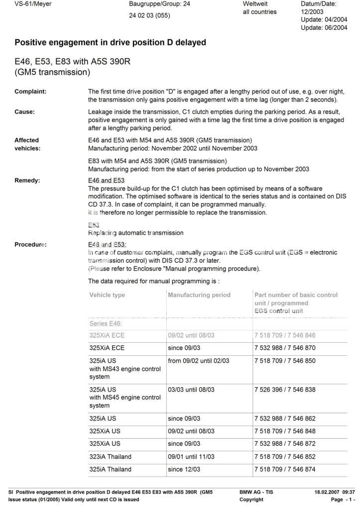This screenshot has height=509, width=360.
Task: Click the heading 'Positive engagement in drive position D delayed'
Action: (110, 43)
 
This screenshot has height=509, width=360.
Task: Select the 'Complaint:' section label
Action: (30, 92)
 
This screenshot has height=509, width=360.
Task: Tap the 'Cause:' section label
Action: (24, 112)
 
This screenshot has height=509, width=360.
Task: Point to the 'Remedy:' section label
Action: (27, 181)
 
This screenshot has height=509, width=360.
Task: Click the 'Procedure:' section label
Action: (30, 244)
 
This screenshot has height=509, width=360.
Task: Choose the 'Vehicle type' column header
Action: (107, 295)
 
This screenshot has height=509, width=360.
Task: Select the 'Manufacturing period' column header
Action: (199, 295)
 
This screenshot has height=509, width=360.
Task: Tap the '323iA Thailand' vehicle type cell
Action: (111, 457)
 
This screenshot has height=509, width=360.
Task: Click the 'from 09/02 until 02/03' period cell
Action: (199, 361)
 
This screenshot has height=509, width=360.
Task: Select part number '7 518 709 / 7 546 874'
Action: (285, 469)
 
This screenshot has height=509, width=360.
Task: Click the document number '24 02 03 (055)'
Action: (149, 15)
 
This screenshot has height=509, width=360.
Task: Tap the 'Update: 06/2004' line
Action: (324, 28)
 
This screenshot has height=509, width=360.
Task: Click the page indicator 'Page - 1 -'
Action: (343, 500)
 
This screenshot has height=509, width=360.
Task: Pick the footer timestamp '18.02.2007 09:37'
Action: (334, 492)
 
